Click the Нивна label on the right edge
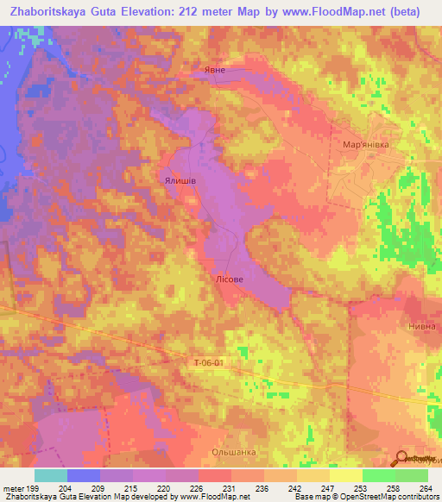[x=422, y=328]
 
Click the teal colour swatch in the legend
[x=51, y=475]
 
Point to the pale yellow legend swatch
[x=346, y=475]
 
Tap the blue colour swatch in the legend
[x=84, y=475]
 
